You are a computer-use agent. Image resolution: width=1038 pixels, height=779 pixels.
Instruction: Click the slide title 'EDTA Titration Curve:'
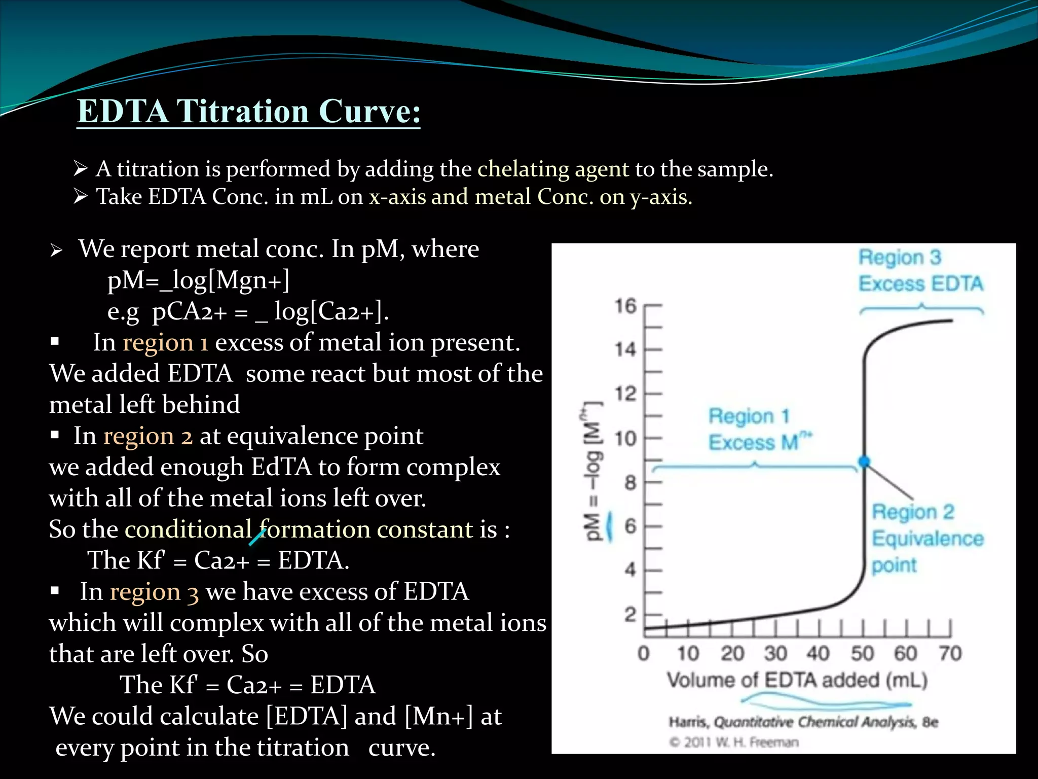248,111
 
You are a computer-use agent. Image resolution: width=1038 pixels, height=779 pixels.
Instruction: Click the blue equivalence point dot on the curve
864,462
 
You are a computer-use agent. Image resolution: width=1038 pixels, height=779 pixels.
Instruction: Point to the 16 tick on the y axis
625,306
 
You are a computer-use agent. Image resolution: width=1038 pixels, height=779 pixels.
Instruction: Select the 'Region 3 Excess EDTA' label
920,271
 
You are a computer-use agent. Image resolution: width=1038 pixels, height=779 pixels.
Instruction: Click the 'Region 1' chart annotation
749,416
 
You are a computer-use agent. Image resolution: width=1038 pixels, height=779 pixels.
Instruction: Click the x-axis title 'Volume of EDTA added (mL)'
797,680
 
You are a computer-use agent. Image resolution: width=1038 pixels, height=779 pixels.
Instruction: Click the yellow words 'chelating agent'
553,169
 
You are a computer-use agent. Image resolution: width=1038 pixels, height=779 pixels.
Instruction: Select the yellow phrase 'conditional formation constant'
299,529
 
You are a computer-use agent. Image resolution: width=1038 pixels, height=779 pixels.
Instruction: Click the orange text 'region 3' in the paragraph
154,592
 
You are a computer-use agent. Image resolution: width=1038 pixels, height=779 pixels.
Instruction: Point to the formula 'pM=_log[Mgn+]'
198,280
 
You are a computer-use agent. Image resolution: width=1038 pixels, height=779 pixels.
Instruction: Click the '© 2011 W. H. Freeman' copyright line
734,742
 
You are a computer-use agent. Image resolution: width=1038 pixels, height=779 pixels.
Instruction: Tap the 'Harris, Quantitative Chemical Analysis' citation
803,722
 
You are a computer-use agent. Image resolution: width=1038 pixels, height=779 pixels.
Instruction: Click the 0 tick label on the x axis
644,653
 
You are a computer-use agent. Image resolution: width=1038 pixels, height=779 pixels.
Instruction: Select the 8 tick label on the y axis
630,482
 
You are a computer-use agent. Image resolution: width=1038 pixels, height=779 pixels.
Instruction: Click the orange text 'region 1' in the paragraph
165,343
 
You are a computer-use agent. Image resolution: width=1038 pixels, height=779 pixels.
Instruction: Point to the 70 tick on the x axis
950,653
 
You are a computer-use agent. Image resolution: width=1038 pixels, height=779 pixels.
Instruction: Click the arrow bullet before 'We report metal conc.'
56,250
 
